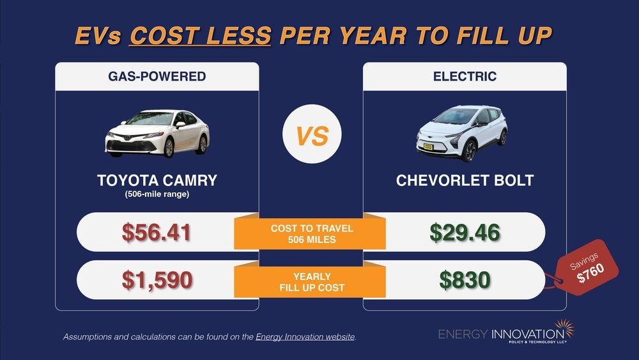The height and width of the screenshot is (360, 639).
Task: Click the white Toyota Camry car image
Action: click(157, 132)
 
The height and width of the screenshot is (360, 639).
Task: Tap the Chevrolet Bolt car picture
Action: click(461, 134)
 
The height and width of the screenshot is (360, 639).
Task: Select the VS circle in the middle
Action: click(312, 136)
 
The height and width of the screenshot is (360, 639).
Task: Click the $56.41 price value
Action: click(157, 232)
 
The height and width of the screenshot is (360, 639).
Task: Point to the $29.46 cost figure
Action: click(465, 232)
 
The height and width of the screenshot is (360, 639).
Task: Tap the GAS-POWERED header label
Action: click(157, 77)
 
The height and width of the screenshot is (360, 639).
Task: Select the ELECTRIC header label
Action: click(465, 77)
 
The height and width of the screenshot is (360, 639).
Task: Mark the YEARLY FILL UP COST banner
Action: click(311, 282)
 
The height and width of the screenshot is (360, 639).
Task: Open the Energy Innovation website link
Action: click(305, 336)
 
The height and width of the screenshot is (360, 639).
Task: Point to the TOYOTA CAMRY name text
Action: click(157, 180)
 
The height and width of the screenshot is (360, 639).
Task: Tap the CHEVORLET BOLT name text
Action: click(465, 180)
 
